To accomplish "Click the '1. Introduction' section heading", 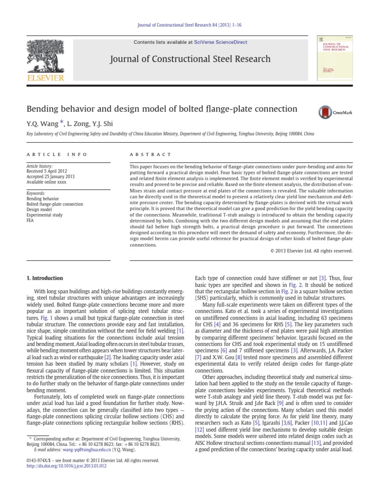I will tap(44, 278).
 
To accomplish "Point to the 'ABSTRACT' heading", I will tap(150, 154).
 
